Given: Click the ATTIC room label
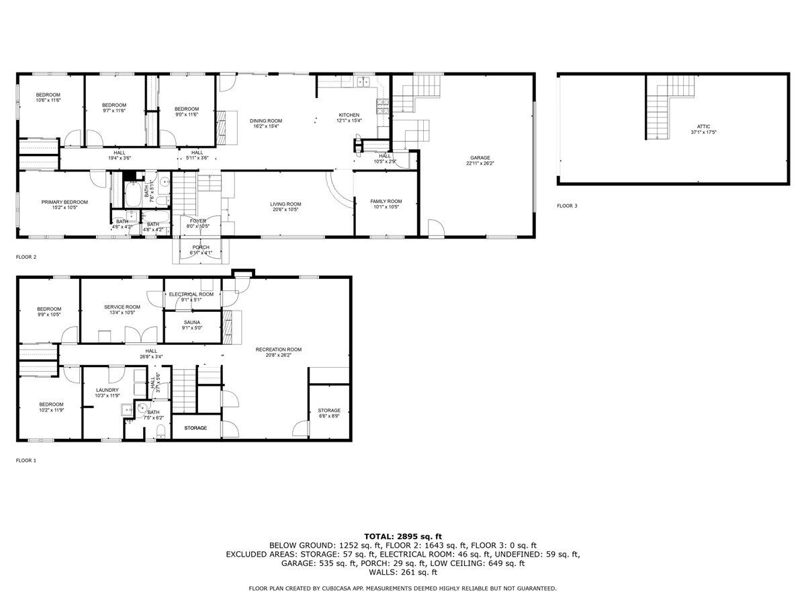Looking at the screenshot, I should pos(703,126).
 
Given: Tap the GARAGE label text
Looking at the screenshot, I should pos(480,158).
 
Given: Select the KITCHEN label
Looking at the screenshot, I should pos(349,115).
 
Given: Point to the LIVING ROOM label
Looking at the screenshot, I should pos(285,204).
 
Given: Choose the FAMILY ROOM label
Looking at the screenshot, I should pos(386,201).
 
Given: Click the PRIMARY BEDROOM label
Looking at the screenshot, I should pos(64,202).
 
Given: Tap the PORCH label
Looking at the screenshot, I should pos(200,247).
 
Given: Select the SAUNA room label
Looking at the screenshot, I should pos(183,322).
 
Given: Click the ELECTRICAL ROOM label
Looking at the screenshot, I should pos(191,294).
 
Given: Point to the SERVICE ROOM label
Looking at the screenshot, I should pos(122,307).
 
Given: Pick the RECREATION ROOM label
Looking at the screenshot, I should pos(278,350).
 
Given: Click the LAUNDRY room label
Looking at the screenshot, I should pos(107,390).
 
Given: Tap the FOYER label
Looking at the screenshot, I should pos(198,220).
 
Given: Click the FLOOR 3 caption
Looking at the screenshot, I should pos(566,206).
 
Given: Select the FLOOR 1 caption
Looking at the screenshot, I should pos(26,460).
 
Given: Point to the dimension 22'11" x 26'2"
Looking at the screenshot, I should pos(480,164).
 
